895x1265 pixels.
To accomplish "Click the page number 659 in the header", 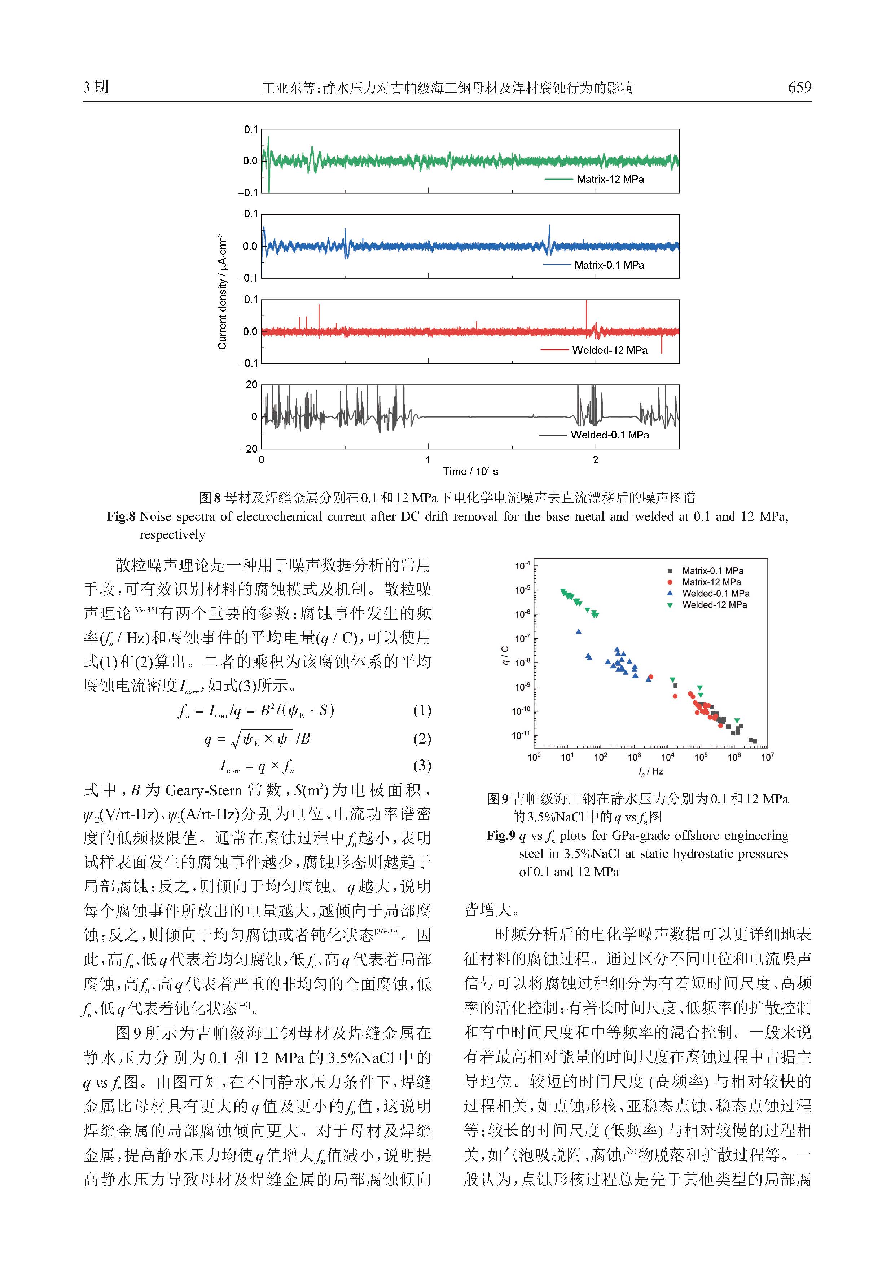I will pyautogui.click(x=799, y=87).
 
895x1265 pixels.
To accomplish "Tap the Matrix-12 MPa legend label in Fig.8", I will pyautogui.click(x=610, y=179).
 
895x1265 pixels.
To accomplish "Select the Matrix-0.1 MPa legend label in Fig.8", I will pyautogui.click(x=609, y=265).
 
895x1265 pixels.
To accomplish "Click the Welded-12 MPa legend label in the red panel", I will pyautogui.click(x=610, y=350).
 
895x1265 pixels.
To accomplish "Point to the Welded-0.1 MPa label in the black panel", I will pyautogui.click(x=610, y=435).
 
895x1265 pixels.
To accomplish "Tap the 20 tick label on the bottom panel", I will pyautogui.click(x=252, y=384).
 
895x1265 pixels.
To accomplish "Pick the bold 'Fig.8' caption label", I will pyautogui.click(x=121, y=517).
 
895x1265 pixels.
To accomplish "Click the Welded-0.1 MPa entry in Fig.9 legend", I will pyautogui.click(x=715, y=594).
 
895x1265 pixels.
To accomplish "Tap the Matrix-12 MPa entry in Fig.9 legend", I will pyautogui.click(x=711, y=582).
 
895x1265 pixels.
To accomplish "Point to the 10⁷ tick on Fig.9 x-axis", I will pyautogui.click(x=767, y=757).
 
